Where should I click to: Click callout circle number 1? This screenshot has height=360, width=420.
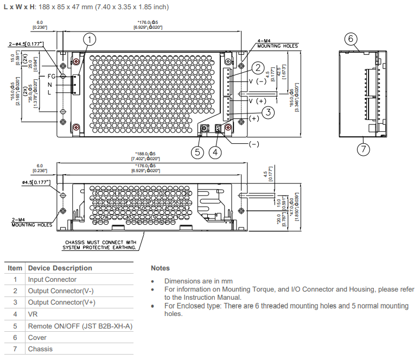click(x=90, y=39)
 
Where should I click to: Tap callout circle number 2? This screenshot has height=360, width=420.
click(x=258, y=68)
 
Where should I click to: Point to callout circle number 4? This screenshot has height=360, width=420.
click(x=215, y=152)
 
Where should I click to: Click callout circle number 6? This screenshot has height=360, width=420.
click(x=351, y=39)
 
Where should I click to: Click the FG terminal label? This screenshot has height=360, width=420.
click(x=52, y=76)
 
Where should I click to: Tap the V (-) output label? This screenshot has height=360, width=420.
click(x=257, y=81)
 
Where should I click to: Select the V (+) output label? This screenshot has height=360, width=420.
click(x=257, y=102)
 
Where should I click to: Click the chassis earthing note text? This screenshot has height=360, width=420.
click(x=101, y=245)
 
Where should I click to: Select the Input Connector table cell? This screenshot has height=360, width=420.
click(x=52, y=280)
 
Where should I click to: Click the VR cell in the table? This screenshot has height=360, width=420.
click(x=33, y=314)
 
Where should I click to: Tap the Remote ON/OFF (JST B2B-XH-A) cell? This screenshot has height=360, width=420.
click(x=80, y=326)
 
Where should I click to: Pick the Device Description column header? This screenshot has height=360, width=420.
click(x=60, y=268)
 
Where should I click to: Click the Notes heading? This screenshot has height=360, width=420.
click(x=160, y=268)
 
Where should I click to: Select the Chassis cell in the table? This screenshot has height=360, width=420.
click(x=40, y=349)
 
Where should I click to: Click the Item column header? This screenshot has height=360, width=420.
click(x=15, y=268)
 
